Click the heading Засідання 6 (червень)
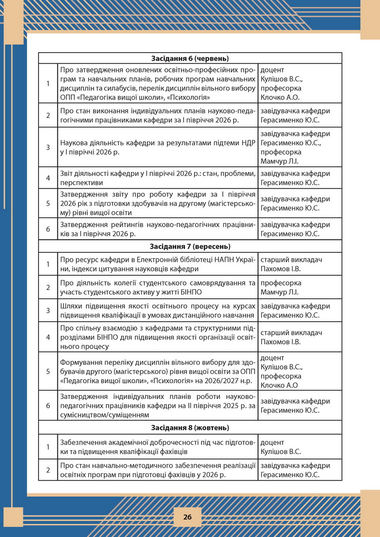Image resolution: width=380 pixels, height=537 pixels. tap(190, 58)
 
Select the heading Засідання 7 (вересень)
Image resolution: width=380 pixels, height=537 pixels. tap(190, 246)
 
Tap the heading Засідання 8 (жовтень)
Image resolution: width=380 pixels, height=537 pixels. tap(190, 427)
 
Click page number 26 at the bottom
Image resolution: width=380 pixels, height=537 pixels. tap(187, 517)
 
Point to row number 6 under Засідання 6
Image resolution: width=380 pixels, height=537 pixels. tap(48, 229)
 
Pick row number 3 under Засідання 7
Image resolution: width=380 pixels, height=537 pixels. tap(48, 310)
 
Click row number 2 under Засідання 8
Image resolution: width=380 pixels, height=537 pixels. tap(48, 470)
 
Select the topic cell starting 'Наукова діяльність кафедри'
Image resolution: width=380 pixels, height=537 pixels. tap(158, 147)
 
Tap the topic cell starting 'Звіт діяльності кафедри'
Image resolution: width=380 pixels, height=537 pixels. tap(158, 178)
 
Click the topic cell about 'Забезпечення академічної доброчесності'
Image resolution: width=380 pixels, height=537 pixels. tap(158, 446)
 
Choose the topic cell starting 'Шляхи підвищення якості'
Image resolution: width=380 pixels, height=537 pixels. tap(158, 310)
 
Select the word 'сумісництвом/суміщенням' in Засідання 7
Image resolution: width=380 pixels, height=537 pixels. tap(102, 415)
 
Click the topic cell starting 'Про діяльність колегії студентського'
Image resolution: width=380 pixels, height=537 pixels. tap(158, 287)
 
